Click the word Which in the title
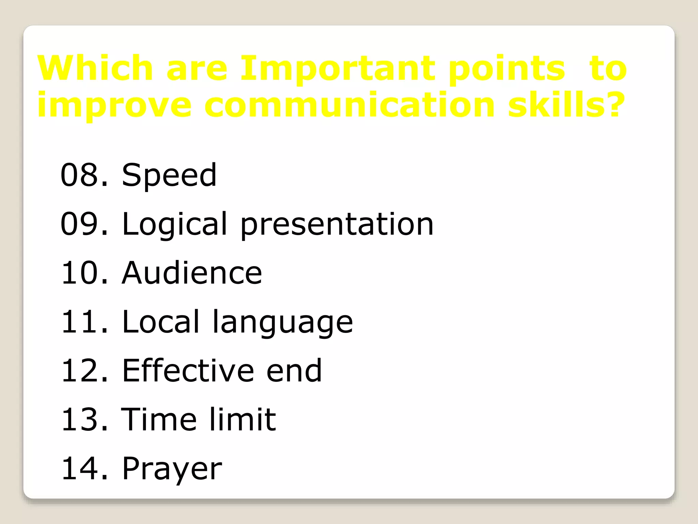pos(95,68)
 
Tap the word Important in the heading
pos(338,68)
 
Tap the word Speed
pos(169,176)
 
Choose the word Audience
pos(192,273)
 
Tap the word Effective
pos(188,370)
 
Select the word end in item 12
pos(294,370)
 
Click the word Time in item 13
pos(159,419)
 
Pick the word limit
pos(242,419)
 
